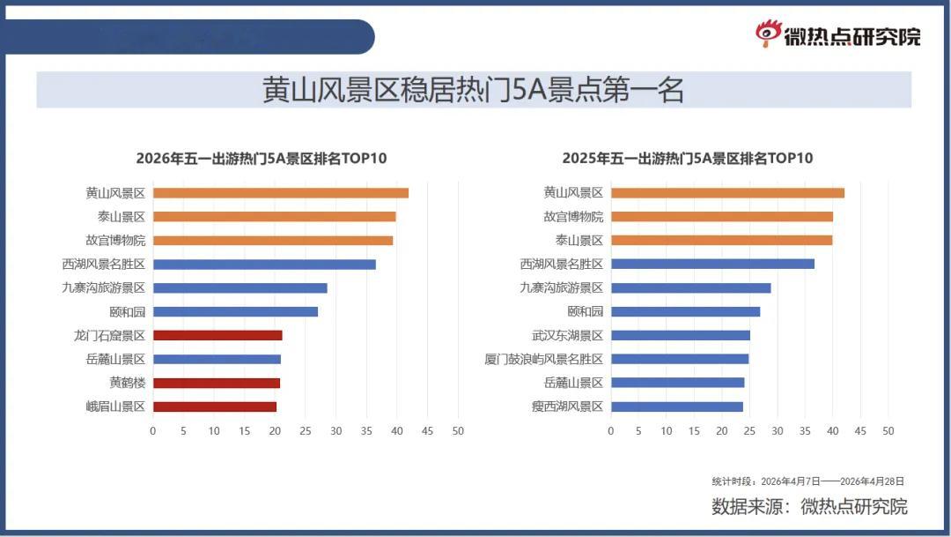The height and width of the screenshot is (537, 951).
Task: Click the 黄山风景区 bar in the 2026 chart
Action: pyautogui.click(x=280, y=193)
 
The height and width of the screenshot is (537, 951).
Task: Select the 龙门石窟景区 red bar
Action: pyautogui.click(x=217, y=335)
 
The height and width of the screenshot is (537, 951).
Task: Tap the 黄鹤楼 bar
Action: pyautogui.click(x=217, y=383)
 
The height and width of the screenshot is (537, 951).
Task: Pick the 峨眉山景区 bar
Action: pyautogui.click(x=215, y=406)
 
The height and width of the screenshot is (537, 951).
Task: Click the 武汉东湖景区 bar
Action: pyautogui.click(x=680, y=335)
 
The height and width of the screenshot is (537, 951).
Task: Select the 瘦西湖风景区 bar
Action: pyautogui.click(x=676, y=406)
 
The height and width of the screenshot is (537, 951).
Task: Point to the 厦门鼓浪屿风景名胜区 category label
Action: pyautogui.click(x=543, y=360)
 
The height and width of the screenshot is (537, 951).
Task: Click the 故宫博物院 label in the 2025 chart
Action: pyautogui.click(x=573, y=217)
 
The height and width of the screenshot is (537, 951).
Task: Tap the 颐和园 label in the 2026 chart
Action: pyautogui.click(x=128, y=312)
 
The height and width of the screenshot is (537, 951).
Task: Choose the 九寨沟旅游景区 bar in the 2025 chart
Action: pyautogui.click(x=690, y=287)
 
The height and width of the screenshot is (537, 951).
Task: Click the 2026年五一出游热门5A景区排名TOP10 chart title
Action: pyautogui.click(x=262, y=159)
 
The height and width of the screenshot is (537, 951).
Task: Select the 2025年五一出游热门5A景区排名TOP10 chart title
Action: pyautogui.click(x=688, y=159)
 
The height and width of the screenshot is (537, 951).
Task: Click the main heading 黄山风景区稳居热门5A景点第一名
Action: pyautogui.click(x=474, y=91)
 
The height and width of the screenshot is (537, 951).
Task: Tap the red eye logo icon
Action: pyautogui.click(x=768, y=34)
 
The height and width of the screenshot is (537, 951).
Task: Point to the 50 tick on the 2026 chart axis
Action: pyautogui.click(x=458, y=431)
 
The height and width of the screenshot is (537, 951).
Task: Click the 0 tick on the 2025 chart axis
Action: pyautogui.click(x=611, y=431)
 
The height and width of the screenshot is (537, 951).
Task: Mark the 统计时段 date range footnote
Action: pyautogui.click(x=807, y=481)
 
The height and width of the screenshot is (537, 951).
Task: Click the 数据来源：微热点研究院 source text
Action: pyautogui.click(x=809, y=507)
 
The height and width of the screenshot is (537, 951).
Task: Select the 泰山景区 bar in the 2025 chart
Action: pyautogui.click(x=721, y=241)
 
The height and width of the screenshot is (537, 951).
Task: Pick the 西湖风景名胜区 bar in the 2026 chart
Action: pyautogui.click(x=264, y=265)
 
